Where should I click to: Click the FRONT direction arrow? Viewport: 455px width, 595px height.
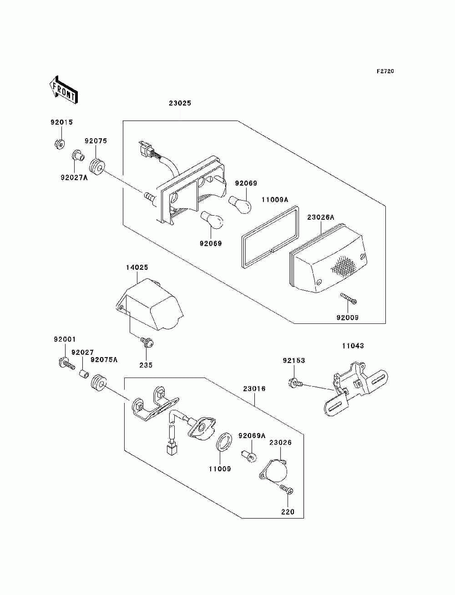pyautogui.click(x=64, y=90)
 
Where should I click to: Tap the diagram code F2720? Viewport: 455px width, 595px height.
pyautogui.click(x=385, y=71)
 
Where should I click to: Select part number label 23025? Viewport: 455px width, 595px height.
pyautogui.click(x=180, y=103)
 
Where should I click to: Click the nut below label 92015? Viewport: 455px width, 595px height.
pyautogui.click(x=60, y=143)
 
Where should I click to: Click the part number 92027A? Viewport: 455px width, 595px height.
pyautogui.click(x=74, y=178)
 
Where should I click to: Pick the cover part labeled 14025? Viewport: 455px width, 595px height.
pyautogui.click(x=150, y=304)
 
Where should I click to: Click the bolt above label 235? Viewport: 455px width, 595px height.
pyautogui.click(x=147, y=343)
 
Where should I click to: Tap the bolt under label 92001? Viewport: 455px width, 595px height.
pyautogui.click(x=66, y=364)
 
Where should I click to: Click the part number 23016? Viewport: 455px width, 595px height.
pyautogui.click(x=254, y=389)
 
